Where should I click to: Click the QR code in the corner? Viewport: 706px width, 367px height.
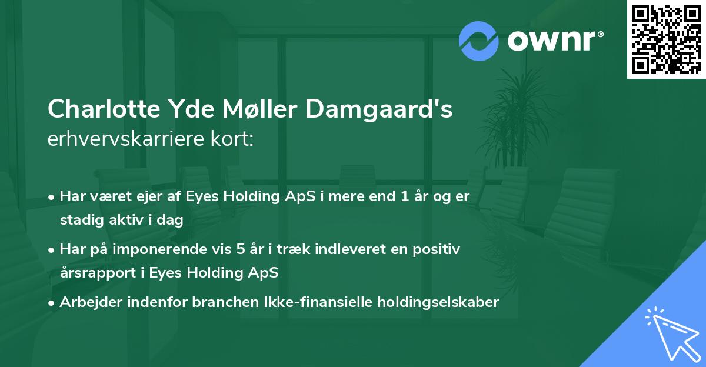[667, 39]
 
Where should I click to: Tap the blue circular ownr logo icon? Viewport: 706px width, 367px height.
[479, 41]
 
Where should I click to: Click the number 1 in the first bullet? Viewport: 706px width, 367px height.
[404, 196]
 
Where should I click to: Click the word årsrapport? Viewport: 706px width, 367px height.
[101, 273]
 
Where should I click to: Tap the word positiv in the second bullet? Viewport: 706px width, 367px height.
[438, 249]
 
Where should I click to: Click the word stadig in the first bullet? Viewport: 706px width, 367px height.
[78, 220]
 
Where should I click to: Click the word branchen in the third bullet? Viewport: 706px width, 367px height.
[188, 302]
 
